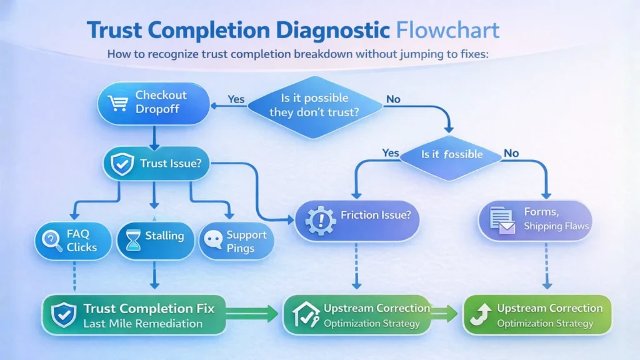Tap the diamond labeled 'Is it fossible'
point(450,154)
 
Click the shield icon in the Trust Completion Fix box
point(62,315)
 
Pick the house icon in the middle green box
point(303,314)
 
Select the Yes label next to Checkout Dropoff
point(236,99)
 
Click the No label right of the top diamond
point(393,99)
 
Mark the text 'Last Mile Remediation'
point(142,324)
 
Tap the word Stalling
point(164,236)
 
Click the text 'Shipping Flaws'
point(556,226)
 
